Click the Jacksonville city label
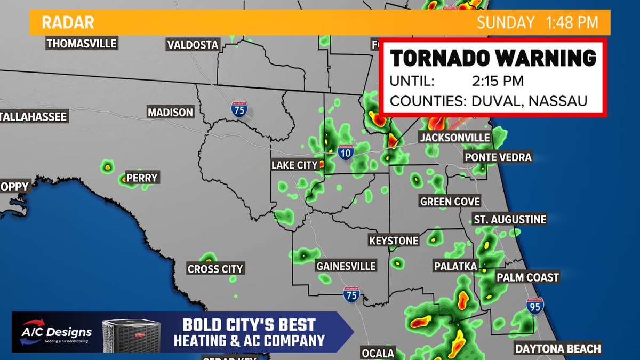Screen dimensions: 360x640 454,138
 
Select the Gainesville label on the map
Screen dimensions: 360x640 346,266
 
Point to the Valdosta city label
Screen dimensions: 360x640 193,45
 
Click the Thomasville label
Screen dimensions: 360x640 82,43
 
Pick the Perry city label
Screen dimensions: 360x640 142,178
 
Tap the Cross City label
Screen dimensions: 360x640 215,269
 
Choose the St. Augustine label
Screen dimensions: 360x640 510,219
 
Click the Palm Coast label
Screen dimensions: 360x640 527,277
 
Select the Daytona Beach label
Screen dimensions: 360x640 557,349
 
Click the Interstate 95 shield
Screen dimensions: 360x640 535,306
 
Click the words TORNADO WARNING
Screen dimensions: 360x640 493,58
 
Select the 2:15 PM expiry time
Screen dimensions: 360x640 498,82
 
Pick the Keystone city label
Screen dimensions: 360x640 394,241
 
